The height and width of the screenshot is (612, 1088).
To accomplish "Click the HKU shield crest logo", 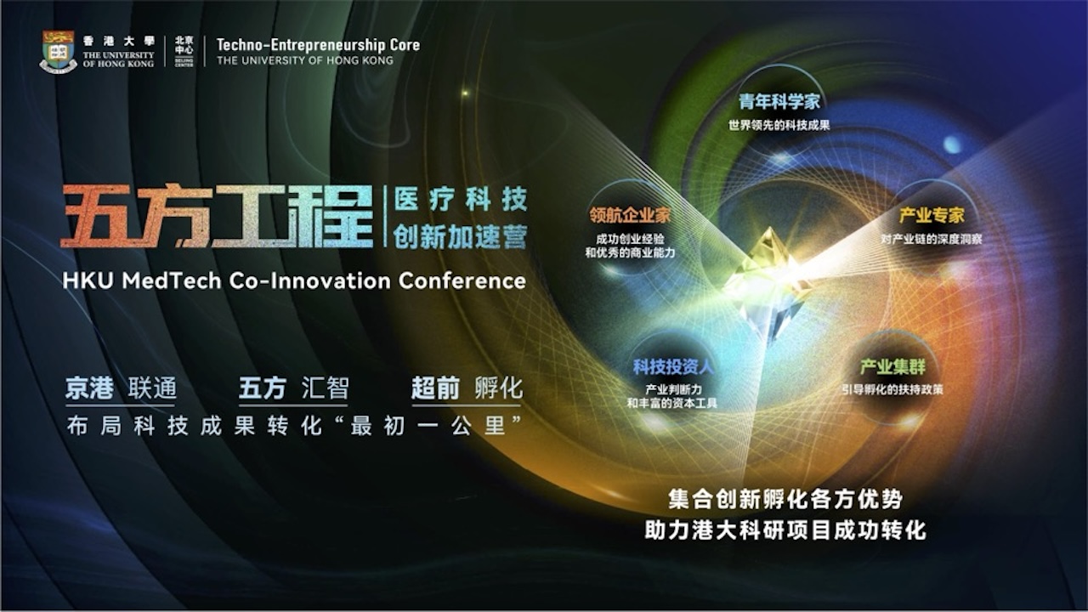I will coord(58,52).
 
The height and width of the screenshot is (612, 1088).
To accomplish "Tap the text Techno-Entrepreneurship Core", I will coord(318,45).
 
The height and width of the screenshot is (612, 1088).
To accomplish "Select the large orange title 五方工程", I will coord(218,218).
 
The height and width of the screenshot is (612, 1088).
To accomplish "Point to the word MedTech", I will coord(173,280).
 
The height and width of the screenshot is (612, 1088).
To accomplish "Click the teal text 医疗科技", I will coord(460,201).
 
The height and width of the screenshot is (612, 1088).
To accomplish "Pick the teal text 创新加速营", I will coord(460,235).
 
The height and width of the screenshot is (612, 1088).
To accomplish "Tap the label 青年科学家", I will coord(779,103).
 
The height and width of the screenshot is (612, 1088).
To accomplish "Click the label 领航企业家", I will coord(630,215).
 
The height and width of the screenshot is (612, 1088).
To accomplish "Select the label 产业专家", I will coord(932,216).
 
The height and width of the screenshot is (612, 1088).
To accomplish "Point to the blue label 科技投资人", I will coord(672,367).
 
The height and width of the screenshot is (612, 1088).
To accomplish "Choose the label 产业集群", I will coord(892,367).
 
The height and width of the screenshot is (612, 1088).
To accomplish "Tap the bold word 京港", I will coord(90,389).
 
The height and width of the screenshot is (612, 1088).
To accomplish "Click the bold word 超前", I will coord(435,389).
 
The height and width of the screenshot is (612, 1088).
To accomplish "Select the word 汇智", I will coord(326,389).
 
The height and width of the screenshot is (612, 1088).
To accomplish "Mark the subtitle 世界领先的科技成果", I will coord(779,126).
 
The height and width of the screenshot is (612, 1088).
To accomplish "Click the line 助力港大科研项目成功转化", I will coord(785,531).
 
